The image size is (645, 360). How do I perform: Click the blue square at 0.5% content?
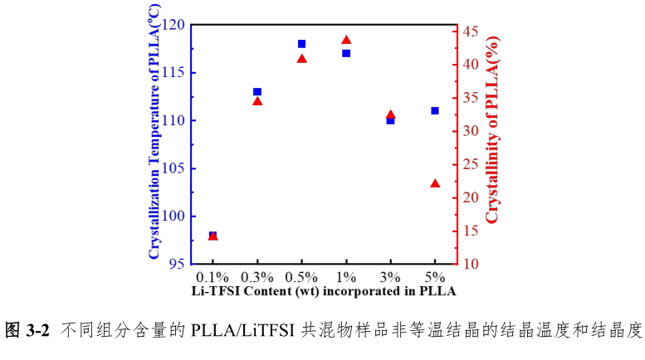(301, 44)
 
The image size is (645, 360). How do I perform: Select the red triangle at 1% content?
(346, 40)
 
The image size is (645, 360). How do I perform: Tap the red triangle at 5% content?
(435, 183)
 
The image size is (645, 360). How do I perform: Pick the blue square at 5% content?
(435, 110)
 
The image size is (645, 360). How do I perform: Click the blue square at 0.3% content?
(257, 92)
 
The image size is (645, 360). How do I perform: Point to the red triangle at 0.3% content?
(257, 101)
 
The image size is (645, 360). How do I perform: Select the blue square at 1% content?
(346, 53)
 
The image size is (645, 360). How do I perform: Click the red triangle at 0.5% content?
(302, 59)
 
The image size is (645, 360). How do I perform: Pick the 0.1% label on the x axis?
(213, 276)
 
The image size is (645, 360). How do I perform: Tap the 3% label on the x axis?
(390, 276)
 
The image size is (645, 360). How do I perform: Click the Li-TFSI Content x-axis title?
(324, 291)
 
